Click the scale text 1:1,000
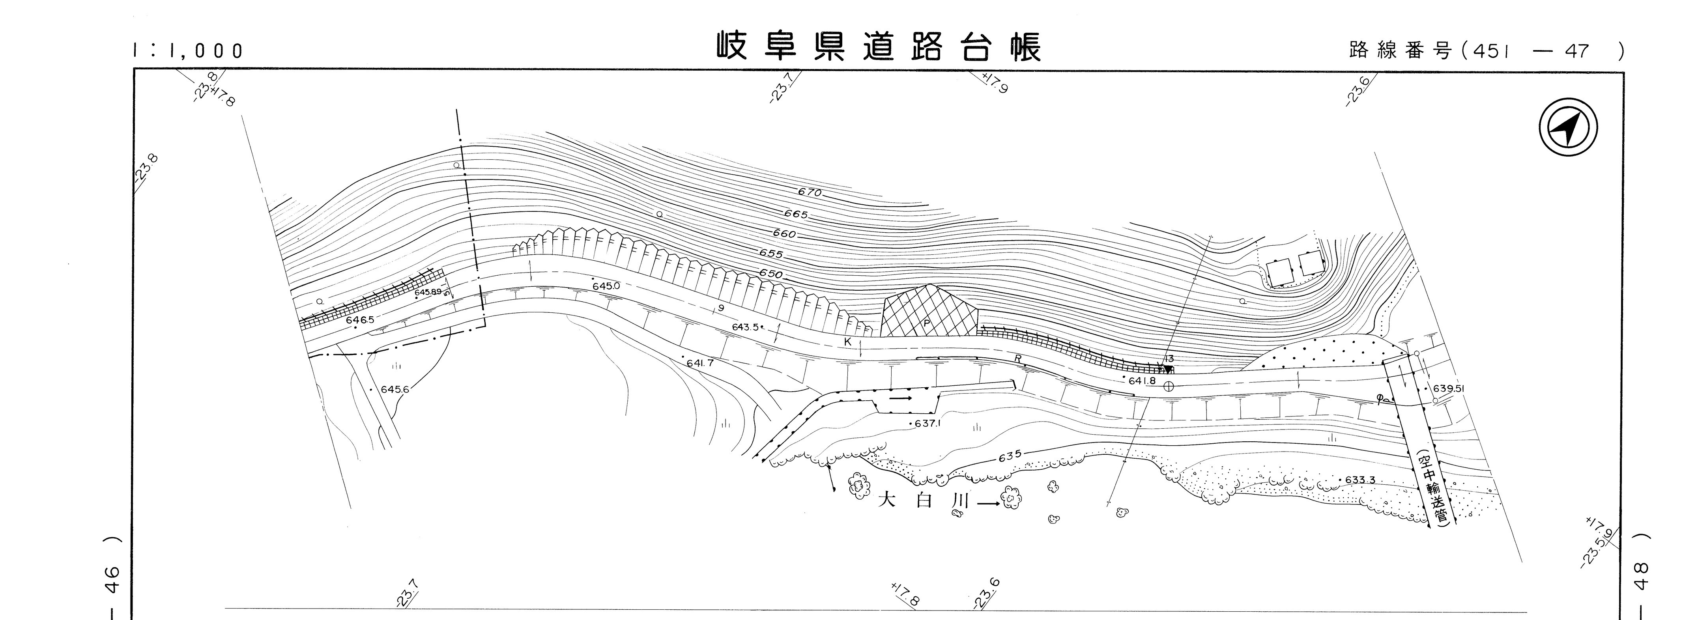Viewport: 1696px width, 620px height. pyautogui.click(x=188, y=50)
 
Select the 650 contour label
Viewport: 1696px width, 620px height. pyautogui.click(x=770, y=274)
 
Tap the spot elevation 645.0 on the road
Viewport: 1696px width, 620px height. pyautogui.click(x=606, y=286)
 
